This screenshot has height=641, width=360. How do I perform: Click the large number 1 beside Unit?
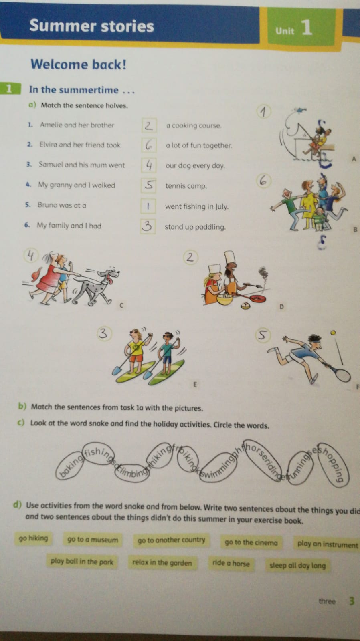tap(307, 28)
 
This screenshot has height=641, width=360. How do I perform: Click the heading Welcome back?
tap(79, 64)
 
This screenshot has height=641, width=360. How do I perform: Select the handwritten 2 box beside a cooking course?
tap(149, 125)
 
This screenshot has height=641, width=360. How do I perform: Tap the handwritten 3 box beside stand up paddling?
tap(148, 226)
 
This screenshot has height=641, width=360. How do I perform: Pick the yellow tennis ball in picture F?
tap(333, 333)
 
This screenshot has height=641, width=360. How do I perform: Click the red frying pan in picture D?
tap(255, 298)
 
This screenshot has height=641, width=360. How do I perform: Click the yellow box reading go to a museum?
tap(93, 540)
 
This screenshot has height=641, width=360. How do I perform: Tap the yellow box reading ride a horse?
tap(231, 563)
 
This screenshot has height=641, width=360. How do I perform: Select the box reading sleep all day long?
tap(297, 565)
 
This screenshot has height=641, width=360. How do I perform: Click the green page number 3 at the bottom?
tap(352, 601)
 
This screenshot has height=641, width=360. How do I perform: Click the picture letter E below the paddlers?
tap(195, 384)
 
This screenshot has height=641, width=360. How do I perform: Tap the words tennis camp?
tap(186, 186)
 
